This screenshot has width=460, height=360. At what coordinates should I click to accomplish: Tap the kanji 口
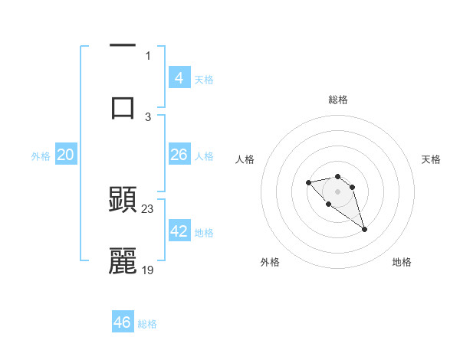(x=123, y=106)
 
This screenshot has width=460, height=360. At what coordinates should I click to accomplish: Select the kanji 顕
(x=123, y=200)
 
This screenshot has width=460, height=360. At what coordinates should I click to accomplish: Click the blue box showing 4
(x=179, y=77)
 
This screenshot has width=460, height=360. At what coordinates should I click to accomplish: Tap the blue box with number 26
(x=179, y=155)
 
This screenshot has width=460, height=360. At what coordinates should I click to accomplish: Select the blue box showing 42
(x=179, y=231)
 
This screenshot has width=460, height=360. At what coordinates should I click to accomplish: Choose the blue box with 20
(x=66, y=155)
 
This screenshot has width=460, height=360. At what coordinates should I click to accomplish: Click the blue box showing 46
(x=123, y=322)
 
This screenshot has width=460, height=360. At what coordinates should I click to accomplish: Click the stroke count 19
(x=148, y=270)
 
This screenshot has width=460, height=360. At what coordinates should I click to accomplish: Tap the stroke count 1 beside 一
(x=148, y=55)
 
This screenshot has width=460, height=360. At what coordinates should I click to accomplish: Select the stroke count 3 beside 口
(x=148, y=116)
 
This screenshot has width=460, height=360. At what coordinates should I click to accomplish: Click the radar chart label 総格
(x=337, y=100)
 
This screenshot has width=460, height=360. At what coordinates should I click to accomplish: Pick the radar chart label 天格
(x=431, y=159)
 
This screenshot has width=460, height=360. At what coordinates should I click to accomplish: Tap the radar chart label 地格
(x=402, y=262)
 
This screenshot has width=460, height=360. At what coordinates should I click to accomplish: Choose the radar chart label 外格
(x=270, y=262)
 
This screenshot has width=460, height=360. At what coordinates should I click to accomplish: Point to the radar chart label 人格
(x=245, y=159)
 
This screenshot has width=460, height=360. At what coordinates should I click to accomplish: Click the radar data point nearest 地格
(x=364, y=229)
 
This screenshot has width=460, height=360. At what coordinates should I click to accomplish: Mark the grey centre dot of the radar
(x=337, y=191)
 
